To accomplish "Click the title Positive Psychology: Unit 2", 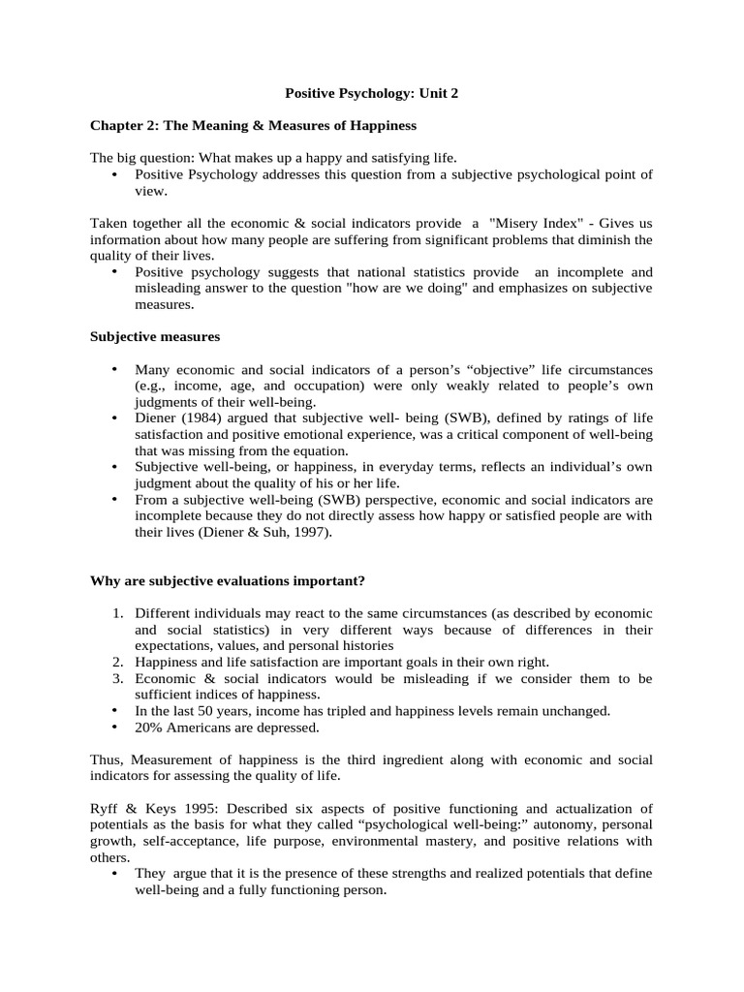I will coord(371,93).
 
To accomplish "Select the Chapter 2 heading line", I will coord(253,125).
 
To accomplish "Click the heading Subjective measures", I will coord(155,336).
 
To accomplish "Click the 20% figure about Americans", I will coord(150,727).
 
